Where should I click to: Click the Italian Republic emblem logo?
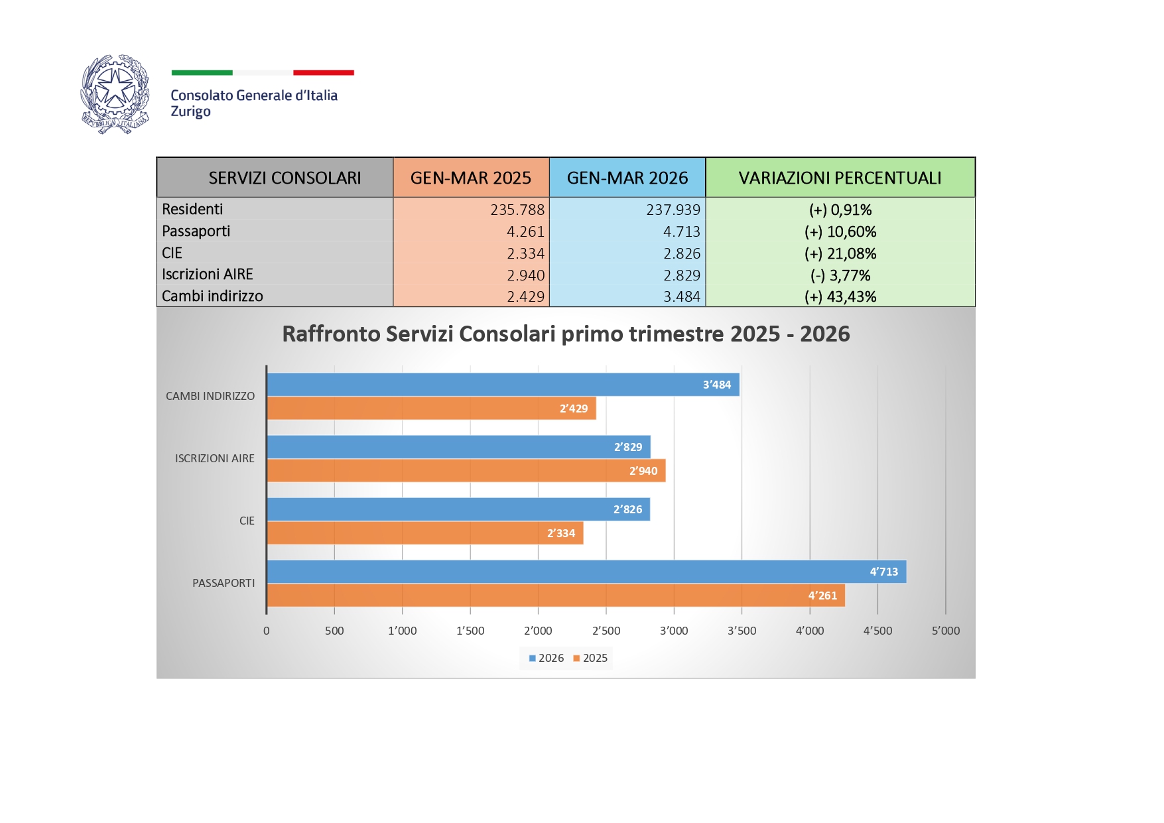(x=115, y=94)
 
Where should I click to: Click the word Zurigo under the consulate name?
(x=190, y=111)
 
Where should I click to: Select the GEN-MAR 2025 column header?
(x=471, y=178)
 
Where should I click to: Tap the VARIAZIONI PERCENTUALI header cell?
(x=840, y=178)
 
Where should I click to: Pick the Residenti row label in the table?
(x=192, y=210)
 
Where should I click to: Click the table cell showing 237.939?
(x=673, y=210)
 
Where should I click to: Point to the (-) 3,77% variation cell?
(x=840, y=275)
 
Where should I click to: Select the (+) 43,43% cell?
(x=840, y=297)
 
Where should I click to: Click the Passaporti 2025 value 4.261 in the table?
(x=525, y=232)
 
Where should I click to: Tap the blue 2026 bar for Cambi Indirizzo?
(x=502, y=385)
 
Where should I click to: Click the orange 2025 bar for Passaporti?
(x=555, y=596)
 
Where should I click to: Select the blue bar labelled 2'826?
(x=458, y=509)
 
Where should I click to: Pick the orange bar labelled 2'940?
(x=466, y=471)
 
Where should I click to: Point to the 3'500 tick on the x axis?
(x=742, y=631)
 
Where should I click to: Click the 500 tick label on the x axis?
(x=334, y=631)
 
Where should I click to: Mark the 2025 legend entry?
(x=591, y=658)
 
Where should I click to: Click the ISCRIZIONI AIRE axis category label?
(x=214, y=458)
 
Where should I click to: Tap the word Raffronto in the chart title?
(x=331, y=334)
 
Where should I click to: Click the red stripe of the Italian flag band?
(x=324, y=72)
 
